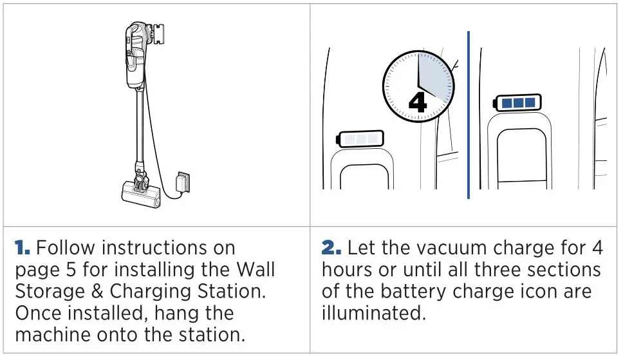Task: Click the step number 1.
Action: [x=21, y=248]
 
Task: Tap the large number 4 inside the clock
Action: [x=418, y=102]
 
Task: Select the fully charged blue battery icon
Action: [x=517, y=102]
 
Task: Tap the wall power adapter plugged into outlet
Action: [x=182, y=182]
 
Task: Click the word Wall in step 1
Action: [x=253, y=269]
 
